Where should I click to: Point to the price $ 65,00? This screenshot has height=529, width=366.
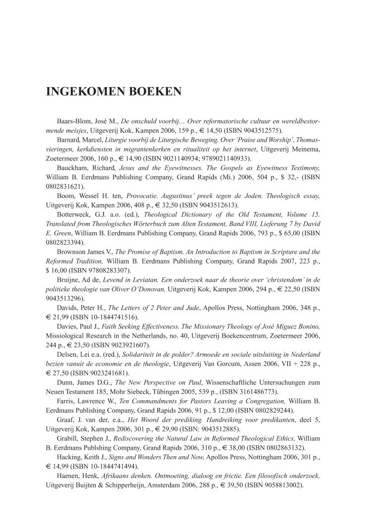(x=295, y=233)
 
